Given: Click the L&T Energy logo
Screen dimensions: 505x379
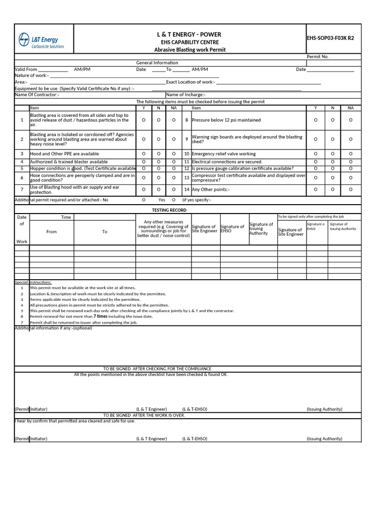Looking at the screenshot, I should (41, 40).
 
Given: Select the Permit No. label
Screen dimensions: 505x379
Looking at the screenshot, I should (317, 57).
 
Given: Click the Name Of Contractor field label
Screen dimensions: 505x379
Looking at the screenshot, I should (37, 95).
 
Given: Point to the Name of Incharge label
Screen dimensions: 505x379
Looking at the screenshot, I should (186, 95).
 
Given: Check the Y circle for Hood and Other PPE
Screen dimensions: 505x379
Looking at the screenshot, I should (144, 154).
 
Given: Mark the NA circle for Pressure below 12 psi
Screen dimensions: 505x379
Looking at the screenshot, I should (350, 120).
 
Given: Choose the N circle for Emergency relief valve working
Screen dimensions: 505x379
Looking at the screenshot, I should (333, 154).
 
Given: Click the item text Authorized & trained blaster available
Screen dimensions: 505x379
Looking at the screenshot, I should (69, 162).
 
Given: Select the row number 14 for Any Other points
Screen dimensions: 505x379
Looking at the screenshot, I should (187, 189).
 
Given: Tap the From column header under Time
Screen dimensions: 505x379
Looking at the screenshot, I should (51, 232).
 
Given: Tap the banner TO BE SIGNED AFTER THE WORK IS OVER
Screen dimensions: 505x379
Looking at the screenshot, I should (144, 415).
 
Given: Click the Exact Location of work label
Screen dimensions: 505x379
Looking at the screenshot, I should (190, 82).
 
